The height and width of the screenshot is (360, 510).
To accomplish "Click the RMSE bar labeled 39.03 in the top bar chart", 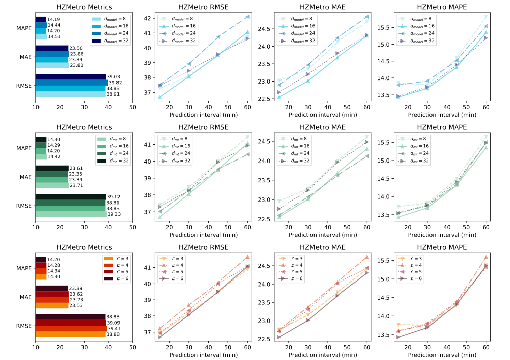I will (70, 76).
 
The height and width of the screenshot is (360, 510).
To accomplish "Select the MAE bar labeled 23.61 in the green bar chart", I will (52, 169).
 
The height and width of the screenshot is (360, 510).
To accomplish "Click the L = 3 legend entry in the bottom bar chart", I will (115, 260).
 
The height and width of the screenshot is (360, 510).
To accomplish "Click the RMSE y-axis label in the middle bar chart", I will (24, 206).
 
